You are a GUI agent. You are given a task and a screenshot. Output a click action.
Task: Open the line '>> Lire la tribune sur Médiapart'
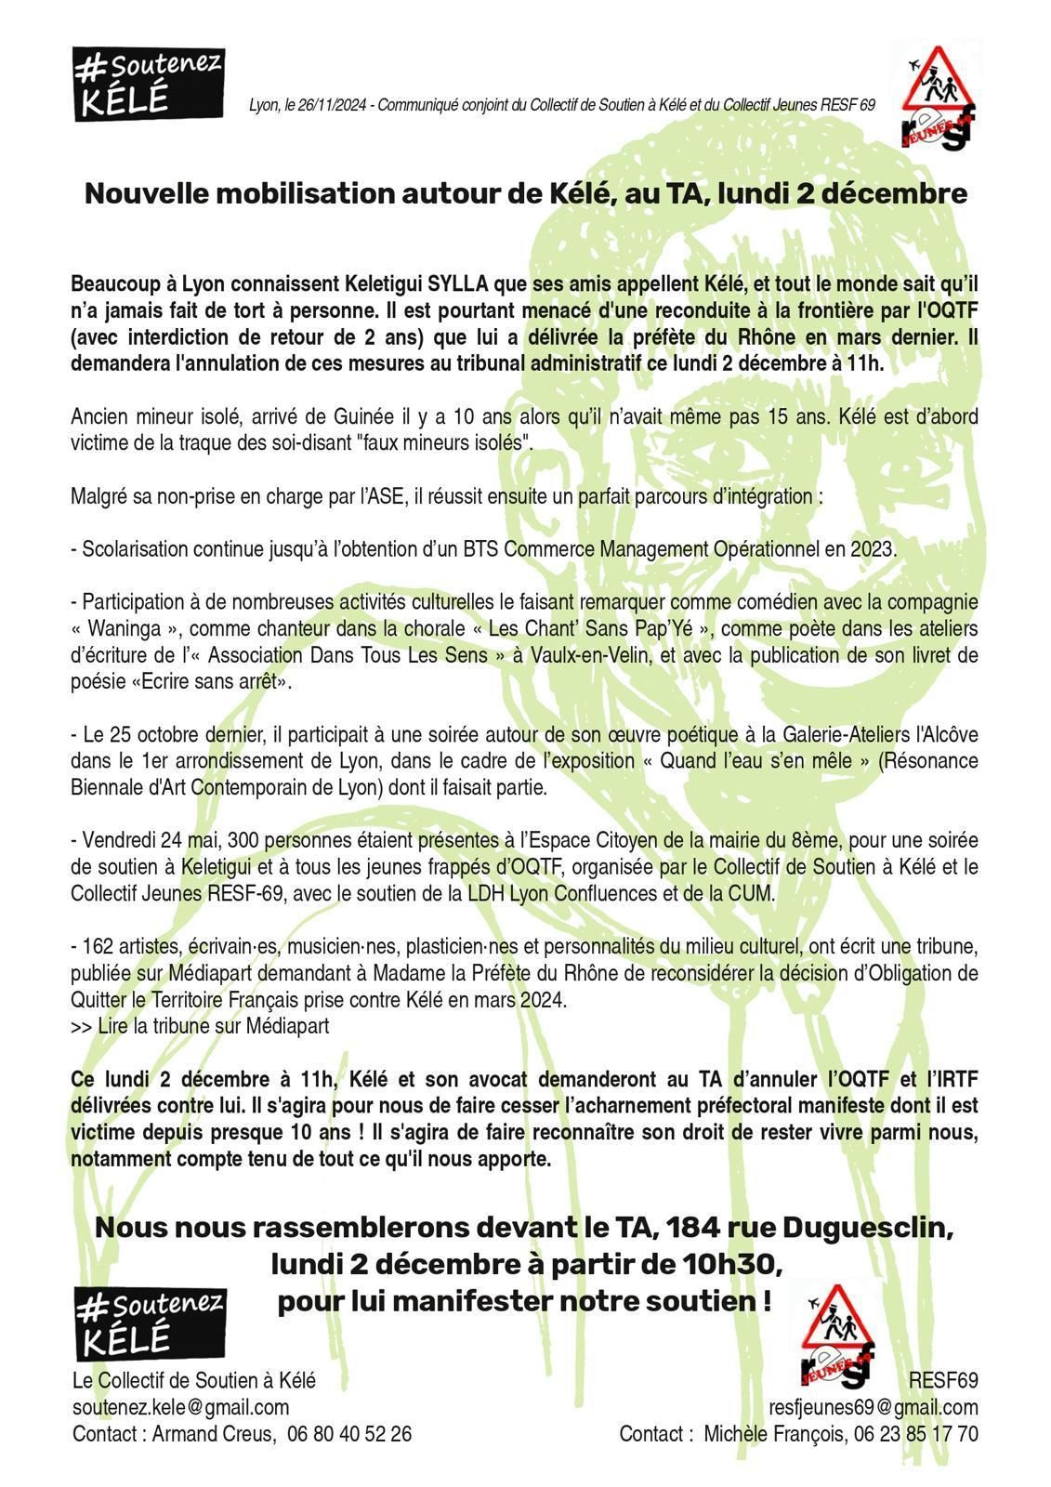200,1027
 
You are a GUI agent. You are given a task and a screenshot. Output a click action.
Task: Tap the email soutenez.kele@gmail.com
180,1407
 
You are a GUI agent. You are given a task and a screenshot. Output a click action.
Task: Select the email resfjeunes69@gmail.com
873,1407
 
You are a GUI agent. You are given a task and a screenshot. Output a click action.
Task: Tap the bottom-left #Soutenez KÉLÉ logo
150,1323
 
